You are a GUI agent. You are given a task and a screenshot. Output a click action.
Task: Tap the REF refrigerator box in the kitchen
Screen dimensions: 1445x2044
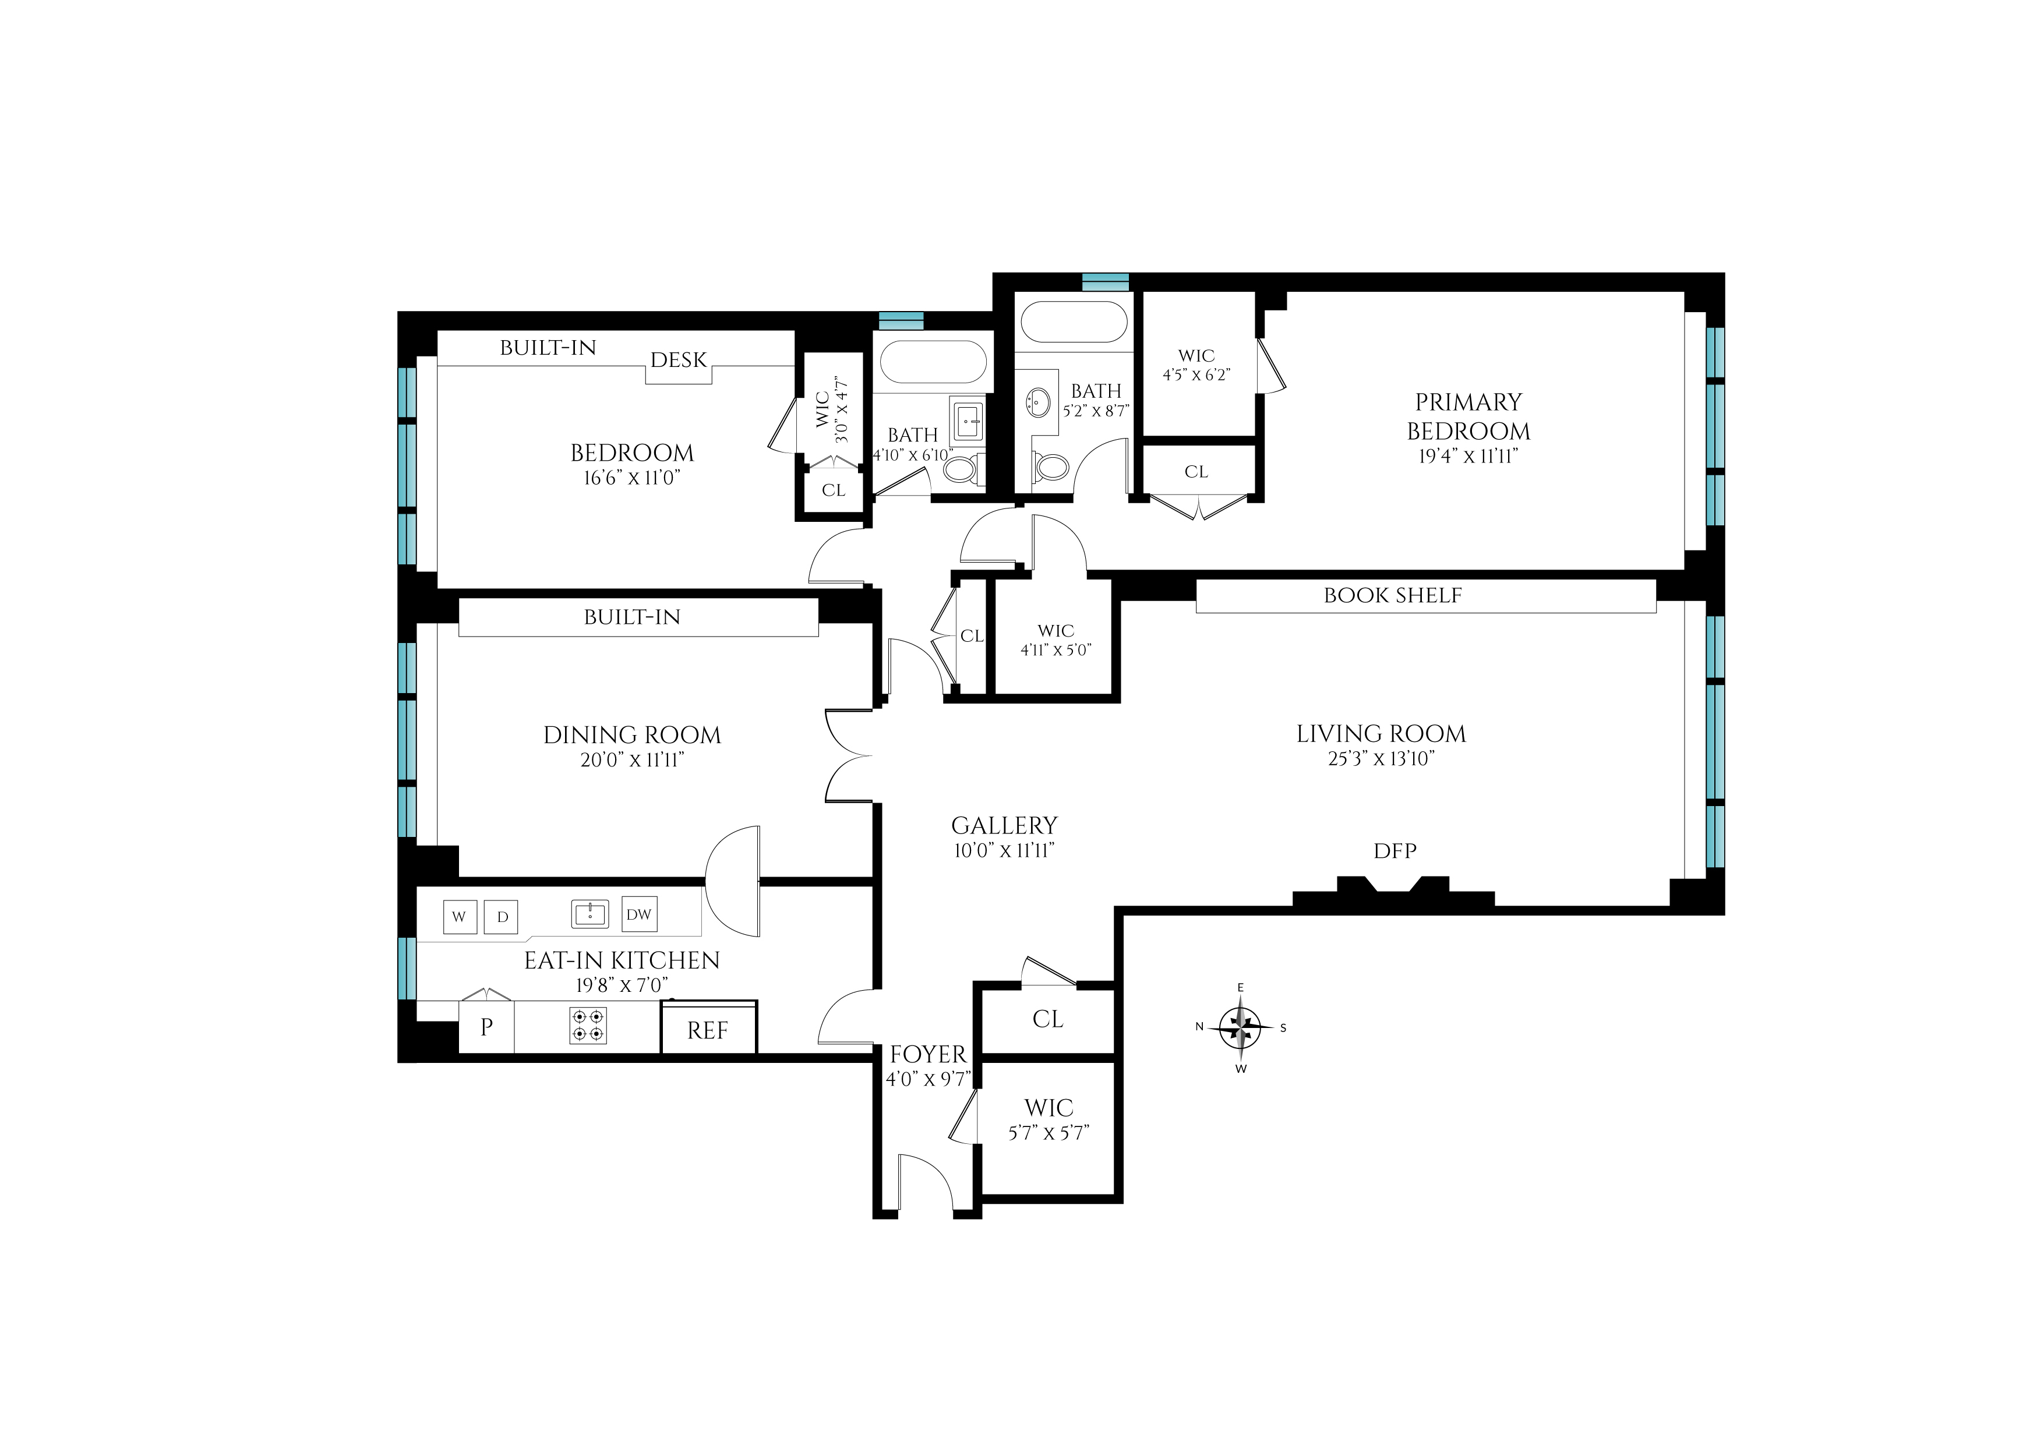point(708,1029)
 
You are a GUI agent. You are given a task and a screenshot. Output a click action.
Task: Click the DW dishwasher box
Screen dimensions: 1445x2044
point(638,914)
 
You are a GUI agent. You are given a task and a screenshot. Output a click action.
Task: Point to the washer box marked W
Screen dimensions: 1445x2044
point(460,916)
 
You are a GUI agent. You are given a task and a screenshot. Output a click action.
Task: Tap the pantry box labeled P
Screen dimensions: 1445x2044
point(486,1027)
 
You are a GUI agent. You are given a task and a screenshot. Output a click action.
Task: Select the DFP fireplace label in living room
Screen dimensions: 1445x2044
point(1394,851)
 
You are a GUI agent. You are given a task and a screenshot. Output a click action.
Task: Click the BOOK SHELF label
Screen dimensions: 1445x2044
point(1392,596)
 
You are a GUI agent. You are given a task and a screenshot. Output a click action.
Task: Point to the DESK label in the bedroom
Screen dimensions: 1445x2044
point(679,360)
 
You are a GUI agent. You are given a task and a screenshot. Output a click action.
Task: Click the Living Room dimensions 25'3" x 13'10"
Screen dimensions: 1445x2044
point(1381,758)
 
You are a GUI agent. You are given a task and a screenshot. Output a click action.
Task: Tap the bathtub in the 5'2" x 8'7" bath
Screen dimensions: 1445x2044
point(1074,321)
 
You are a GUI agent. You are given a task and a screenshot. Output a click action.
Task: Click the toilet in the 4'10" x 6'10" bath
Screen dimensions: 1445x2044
point(962,468)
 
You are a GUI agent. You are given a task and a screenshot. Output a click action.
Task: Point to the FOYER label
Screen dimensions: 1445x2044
point(927,1054)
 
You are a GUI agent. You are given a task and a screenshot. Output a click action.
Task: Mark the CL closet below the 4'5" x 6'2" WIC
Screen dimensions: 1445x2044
point(1196,472)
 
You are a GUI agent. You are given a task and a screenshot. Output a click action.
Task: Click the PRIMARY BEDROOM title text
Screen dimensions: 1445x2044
point(1468,416)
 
